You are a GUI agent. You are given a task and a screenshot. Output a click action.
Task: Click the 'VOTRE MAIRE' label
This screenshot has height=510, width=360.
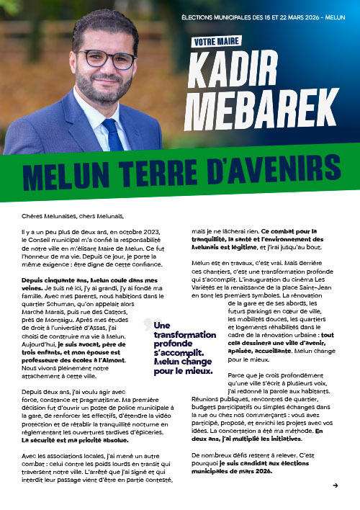[217, 42]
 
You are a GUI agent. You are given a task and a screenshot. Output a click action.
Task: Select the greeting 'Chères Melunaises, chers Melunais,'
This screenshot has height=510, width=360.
[73, 215]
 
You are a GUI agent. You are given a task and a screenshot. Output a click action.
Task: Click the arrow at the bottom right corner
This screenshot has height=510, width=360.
[336, 486]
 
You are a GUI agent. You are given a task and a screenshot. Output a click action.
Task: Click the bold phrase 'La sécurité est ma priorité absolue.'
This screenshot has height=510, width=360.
[71, 439]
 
